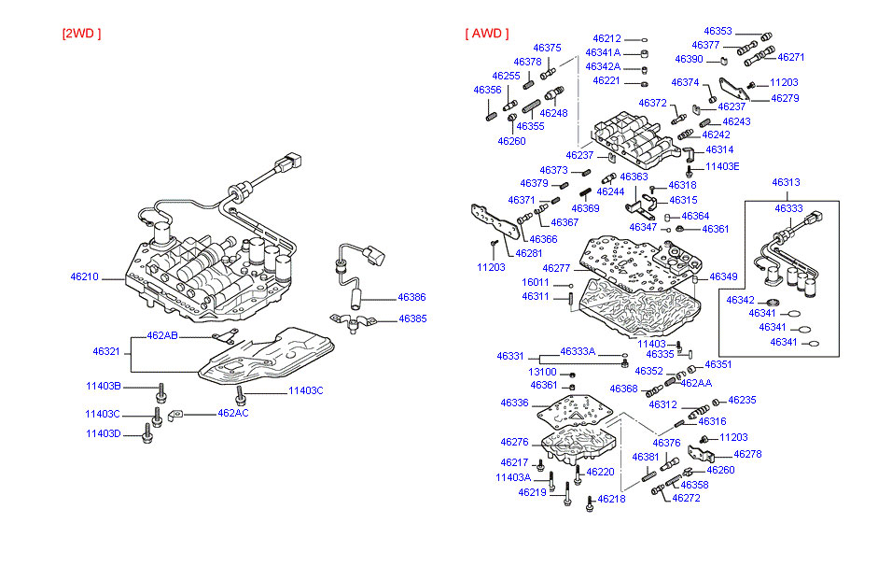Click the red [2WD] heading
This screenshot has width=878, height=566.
coord(81,34)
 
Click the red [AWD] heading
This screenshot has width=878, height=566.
coord(487,34)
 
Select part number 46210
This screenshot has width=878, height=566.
coord(85,277)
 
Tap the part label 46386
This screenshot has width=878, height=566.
coord(411,297)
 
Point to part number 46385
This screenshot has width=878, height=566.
coord(411,318)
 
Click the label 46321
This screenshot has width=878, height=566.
coord(105,351)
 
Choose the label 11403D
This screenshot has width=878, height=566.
coord(103,433)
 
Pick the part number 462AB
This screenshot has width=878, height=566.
coord(162,335)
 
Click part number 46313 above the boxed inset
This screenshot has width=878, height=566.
coord(787,182)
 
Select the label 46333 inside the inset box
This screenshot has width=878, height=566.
coord(788,209)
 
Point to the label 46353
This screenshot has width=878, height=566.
coord(718,31)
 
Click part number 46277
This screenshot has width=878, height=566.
coord(556,269)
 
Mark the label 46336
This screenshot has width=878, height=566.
coord(514,403)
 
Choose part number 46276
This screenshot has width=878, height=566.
coord(514,443)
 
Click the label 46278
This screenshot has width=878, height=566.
coord(747,455)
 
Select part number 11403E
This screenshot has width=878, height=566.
coord(722,166)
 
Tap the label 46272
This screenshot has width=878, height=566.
coord(686,498)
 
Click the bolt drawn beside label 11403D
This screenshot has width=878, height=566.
coord(146,432)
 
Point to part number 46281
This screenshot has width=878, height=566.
coord(528,253)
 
